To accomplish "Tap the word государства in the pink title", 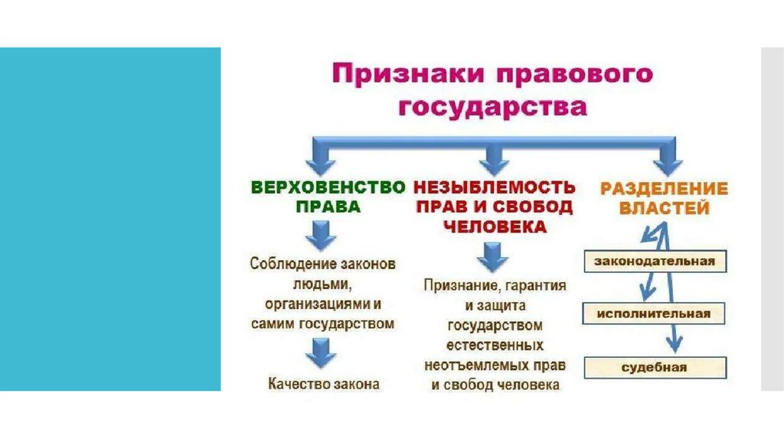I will pos(492,107).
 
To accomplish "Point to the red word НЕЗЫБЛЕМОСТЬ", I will pos(494,187).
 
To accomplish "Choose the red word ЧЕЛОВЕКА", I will pos(494,227).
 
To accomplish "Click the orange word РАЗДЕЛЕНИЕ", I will pos(664,187).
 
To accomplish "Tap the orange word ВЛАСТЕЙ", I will pos(664,207).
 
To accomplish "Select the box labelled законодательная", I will pos(654,262).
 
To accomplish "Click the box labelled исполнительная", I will pos(654,314).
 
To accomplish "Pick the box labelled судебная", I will pos(654,367).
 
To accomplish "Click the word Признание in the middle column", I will pos(453,286).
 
